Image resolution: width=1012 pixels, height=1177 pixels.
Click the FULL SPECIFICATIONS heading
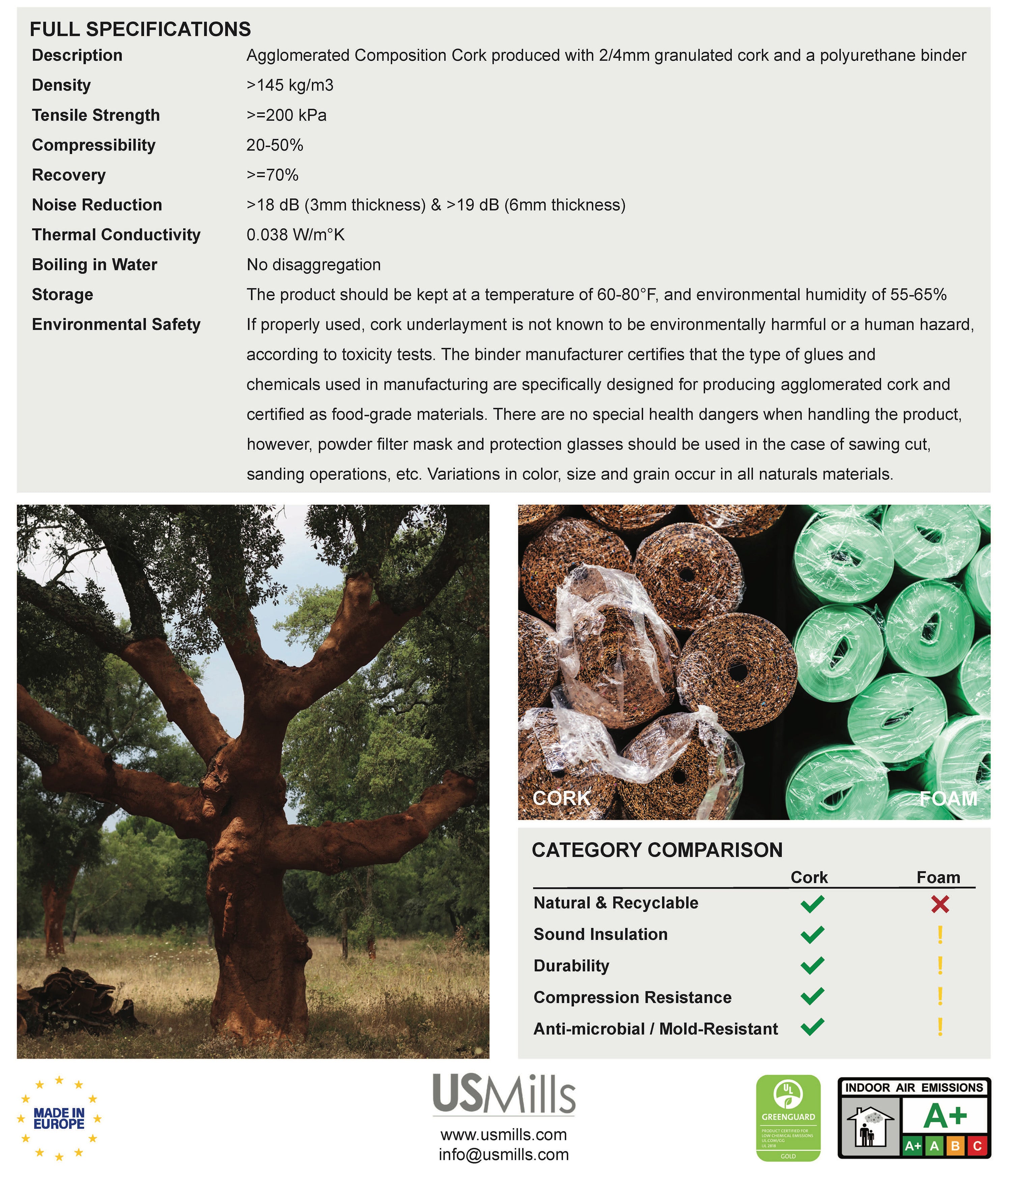tap(140, 29)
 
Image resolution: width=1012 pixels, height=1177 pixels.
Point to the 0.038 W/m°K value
tap(296, 235)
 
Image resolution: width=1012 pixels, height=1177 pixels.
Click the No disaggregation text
tap(314, 265)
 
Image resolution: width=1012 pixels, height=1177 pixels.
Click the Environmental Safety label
tap(116, 324)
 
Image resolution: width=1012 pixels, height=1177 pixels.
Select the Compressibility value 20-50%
tap(275, 145)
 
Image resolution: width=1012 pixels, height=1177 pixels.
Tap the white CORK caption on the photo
tap(561, 798)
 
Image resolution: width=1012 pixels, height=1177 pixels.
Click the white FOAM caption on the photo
tap(948, 798)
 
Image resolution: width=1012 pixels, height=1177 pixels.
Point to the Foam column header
tap(938, 878)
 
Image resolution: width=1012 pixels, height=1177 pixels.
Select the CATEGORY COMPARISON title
tap(657, 850)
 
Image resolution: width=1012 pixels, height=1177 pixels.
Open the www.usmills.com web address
tap(503, 1135)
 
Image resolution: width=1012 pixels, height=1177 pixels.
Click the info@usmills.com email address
tap(503, 1154)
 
